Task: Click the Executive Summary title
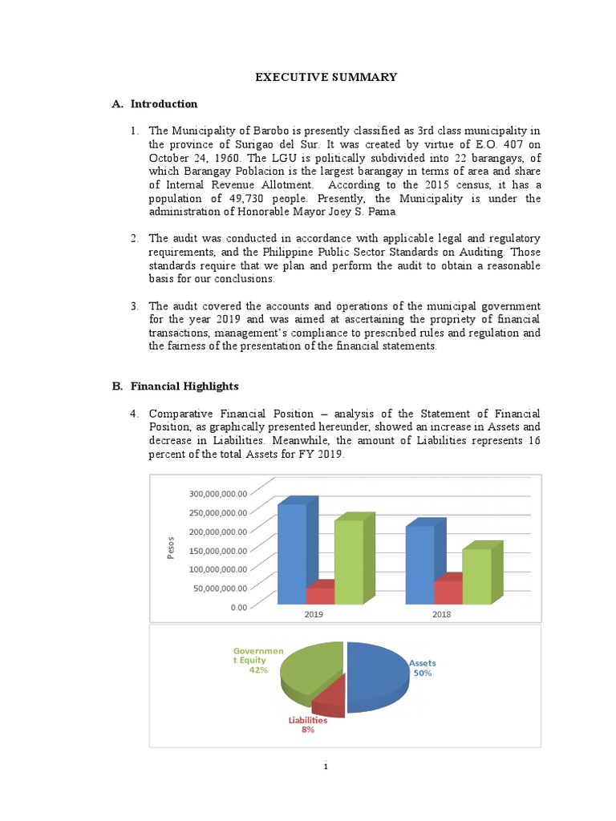326,77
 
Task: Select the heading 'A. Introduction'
155,103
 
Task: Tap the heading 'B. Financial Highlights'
175,386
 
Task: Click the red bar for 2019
321,595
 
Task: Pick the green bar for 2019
349,561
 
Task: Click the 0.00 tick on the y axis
238,607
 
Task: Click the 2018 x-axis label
442,613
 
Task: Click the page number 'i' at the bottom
326,766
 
